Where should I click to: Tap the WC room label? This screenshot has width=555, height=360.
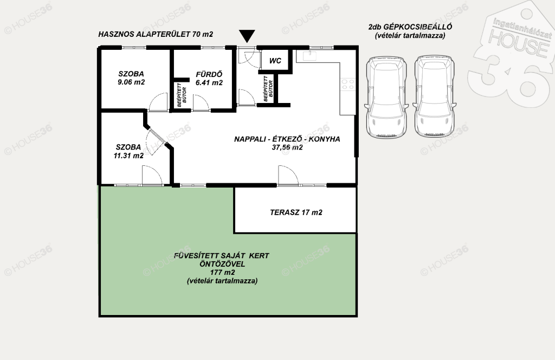click(x=275, y=61)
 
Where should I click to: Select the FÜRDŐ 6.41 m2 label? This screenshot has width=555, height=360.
click(x=209, y=79)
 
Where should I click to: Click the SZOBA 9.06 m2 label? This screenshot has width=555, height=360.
click(x=131, y=78)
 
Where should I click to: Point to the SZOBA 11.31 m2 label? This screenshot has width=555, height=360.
click(x=128, y=151)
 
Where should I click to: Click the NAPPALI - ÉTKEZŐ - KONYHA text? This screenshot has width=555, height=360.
click(x=287, y=139)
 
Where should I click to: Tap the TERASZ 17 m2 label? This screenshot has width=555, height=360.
click(x=296, y=213)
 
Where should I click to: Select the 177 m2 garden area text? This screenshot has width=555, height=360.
click(x=222, y=273)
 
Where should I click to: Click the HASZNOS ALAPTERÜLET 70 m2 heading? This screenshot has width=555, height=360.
click(x=156, y=34)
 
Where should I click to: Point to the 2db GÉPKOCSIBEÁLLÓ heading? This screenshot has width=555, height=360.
click(x=410, y=27)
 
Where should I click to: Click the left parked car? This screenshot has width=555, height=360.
click(x=386, y=97)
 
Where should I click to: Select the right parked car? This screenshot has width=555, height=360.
click(x=434, y=97)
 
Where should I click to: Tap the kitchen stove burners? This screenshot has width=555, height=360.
click(x=347, y=84)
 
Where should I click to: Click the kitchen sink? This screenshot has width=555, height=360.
click(x=309, y=56)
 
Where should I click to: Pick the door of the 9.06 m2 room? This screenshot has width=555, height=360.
click(x=158, y=102)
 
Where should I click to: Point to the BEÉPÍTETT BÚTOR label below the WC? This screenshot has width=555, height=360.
click(x=268, y=88)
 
